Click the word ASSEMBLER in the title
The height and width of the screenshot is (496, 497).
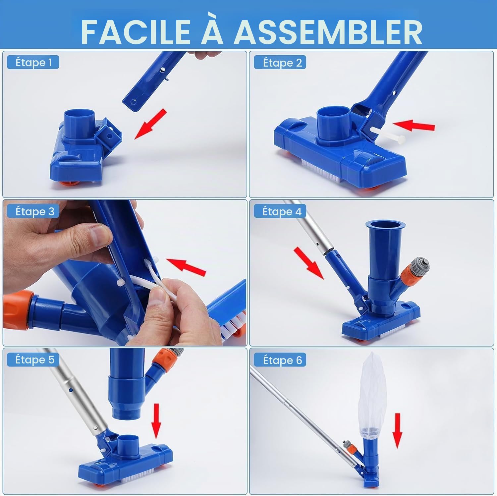(x=328, y=32)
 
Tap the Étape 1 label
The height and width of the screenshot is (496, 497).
(x=33, y=62)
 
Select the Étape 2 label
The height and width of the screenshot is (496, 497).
(x=280, y=62)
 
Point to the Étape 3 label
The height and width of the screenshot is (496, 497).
(x=33, y=211)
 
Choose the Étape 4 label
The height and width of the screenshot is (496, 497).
(x=280, y=211)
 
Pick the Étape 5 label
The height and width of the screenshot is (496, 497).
(x=33, y=360)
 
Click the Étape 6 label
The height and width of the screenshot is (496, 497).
(x=280, y=360)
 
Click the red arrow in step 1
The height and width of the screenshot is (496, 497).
(x=151, y=123)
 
